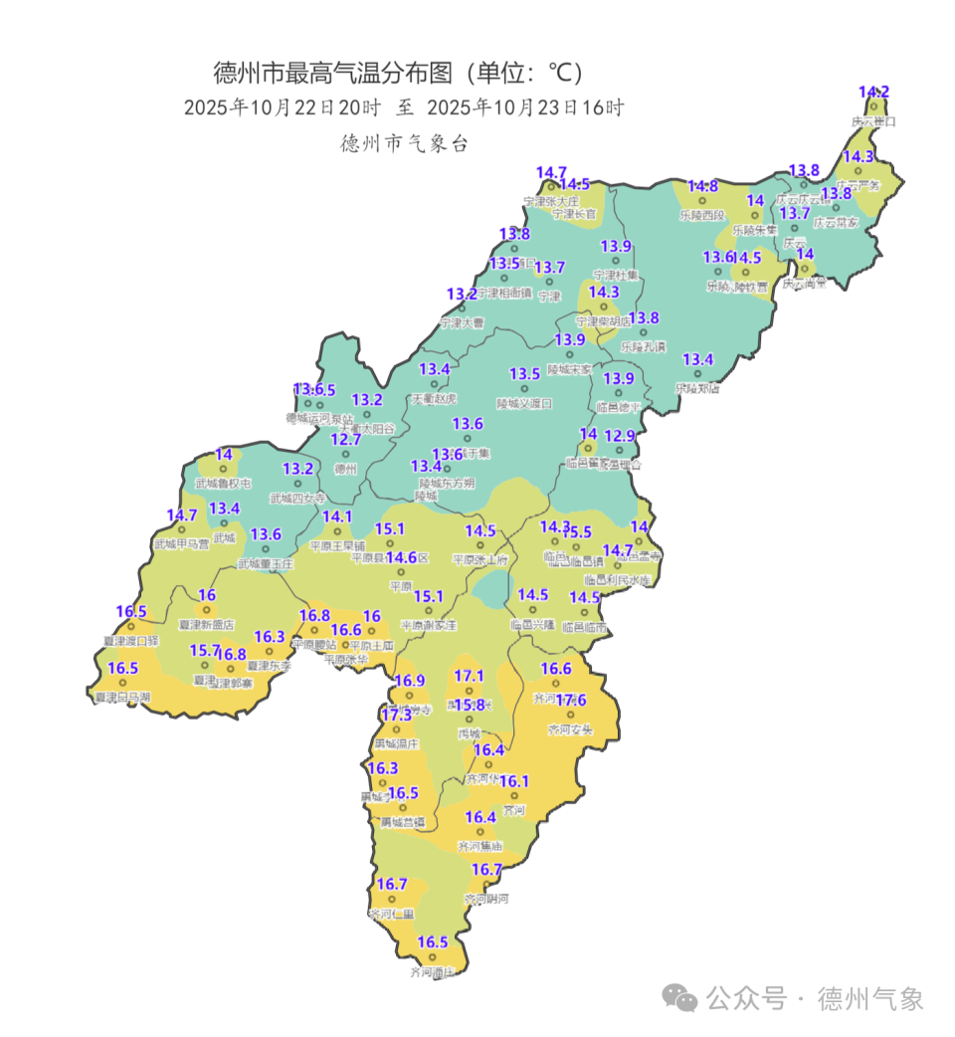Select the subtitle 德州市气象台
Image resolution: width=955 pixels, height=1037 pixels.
[404, 143]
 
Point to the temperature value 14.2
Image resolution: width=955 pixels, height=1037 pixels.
[873, 93]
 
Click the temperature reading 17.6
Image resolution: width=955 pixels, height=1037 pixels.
[571, 701]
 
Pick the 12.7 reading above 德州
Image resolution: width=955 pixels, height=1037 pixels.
[345, 439]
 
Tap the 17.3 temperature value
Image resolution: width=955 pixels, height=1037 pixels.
[396, 716]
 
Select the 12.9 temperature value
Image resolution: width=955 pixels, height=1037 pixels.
[620, 436]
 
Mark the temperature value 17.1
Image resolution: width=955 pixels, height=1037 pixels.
[469, 677]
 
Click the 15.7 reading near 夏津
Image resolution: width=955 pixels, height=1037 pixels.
[205, 650]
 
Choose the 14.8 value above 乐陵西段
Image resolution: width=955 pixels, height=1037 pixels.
[702, 186]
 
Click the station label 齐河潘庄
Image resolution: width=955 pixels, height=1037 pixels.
[432, 972]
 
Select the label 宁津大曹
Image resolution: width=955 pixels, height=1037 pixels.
[462, 322]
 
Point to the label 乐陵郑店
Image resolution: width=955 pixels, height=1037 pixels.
[697, 388]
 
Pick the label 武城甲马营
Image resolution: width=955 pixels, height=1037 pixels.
[181, 544]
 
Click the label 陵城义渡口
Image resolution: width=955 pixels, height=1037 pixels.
[524, 404]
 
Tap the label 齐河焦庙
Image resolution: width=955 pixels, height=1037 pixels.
[479, 846]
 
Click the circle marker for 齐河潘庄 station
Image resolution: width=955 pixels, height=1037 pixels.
[432, 958]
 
